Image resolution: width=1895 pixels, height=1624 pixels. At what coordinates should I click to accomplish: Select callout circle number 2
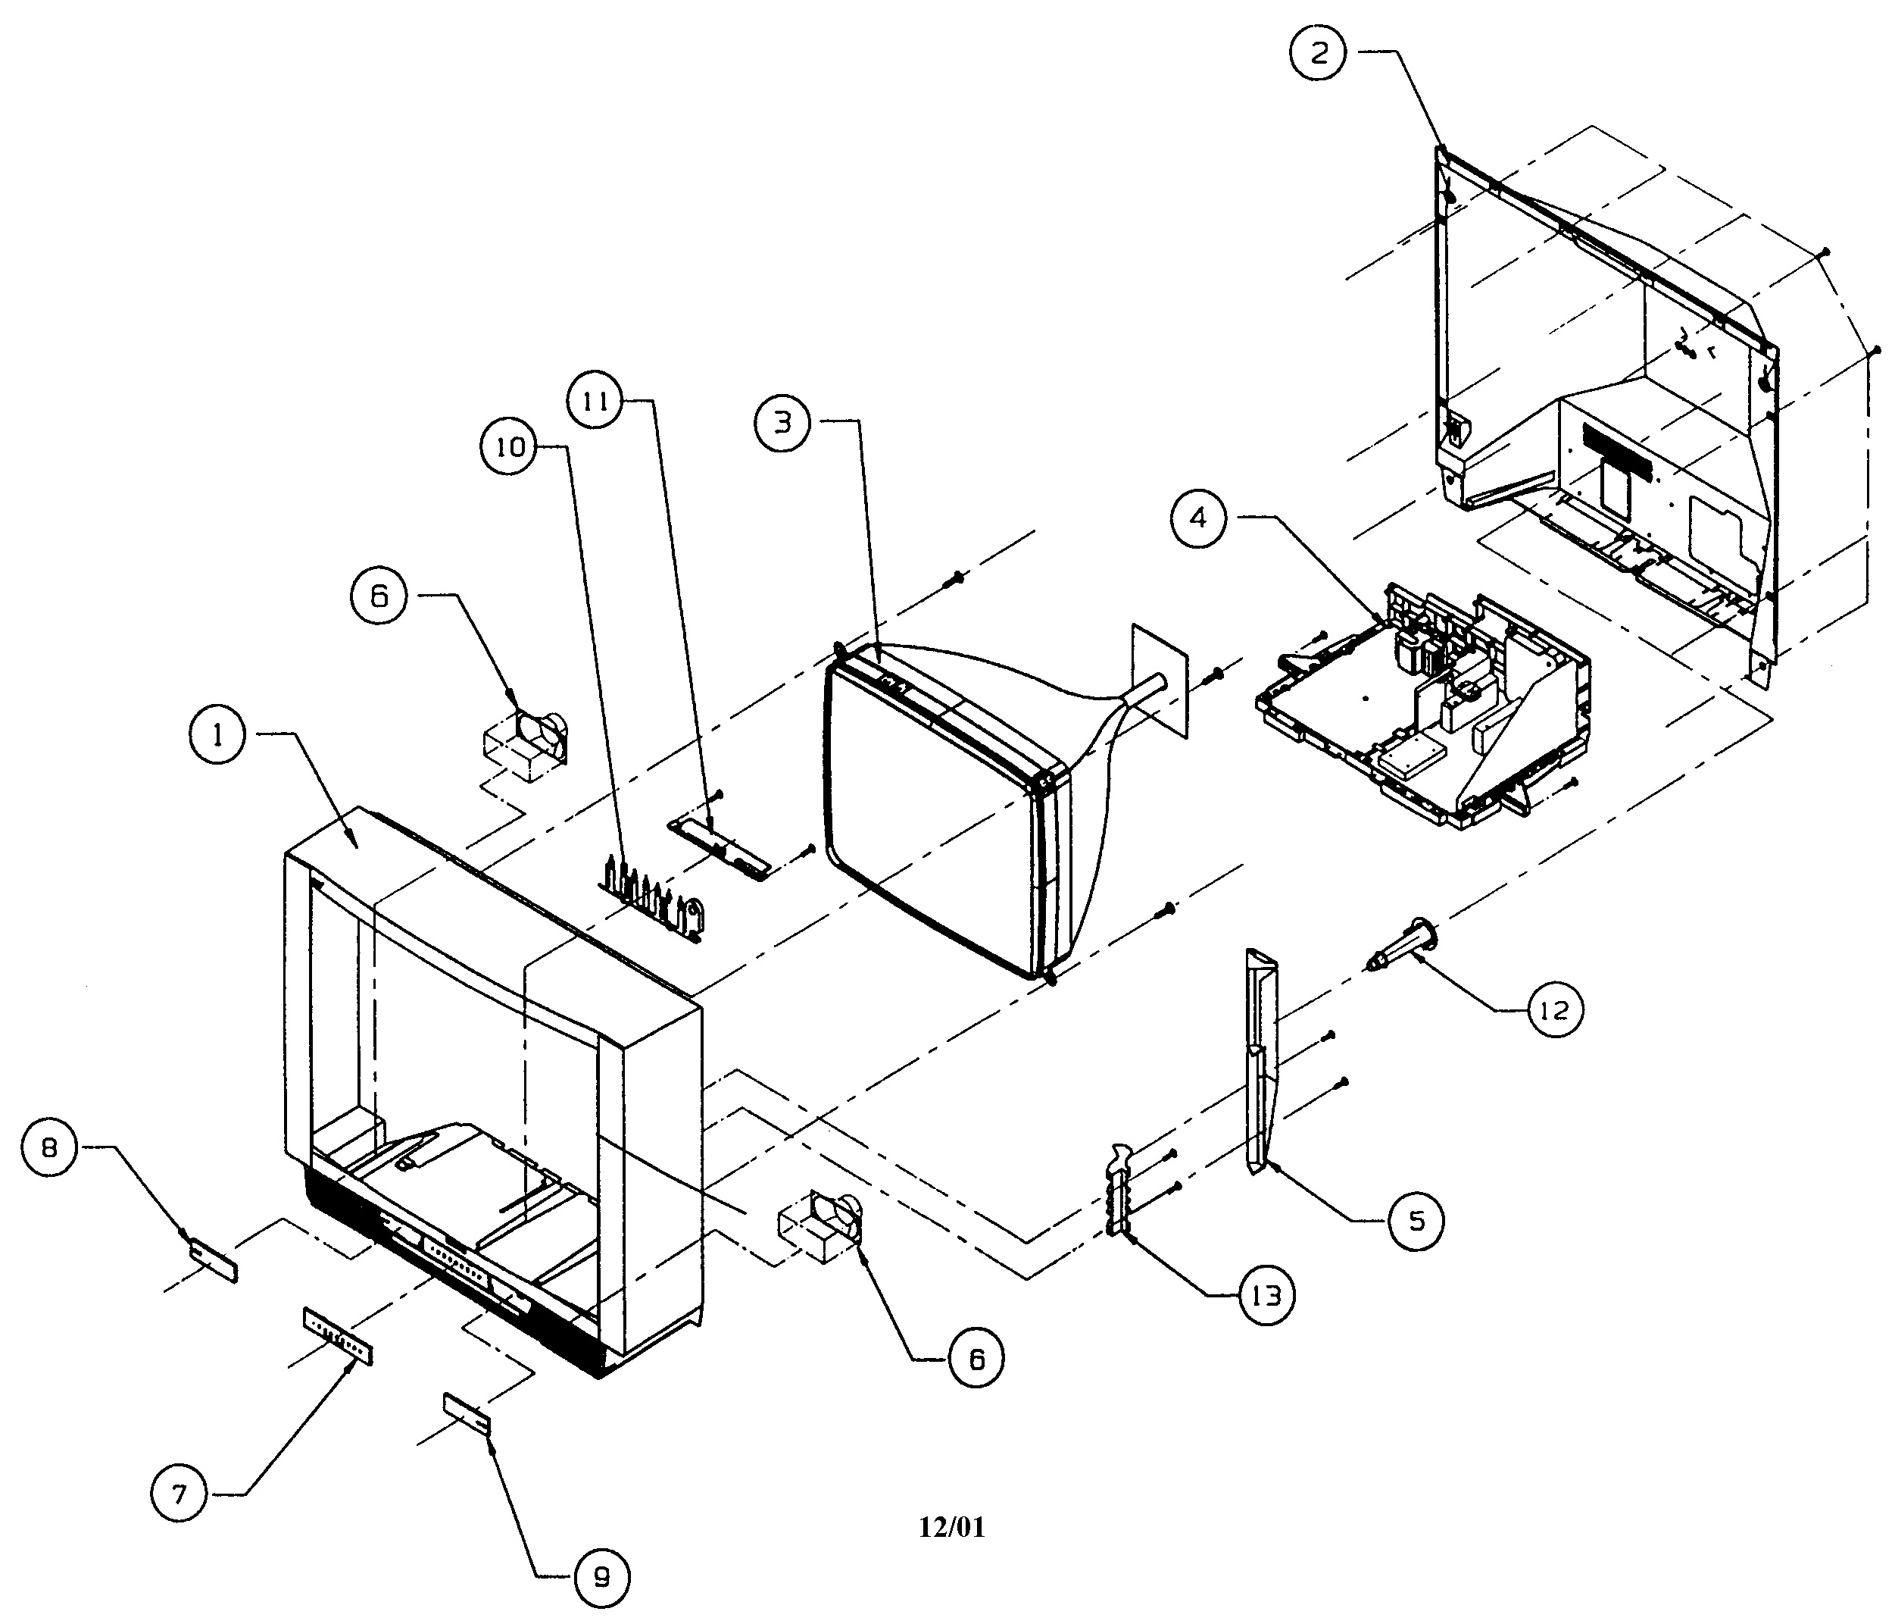tap(1318, 53)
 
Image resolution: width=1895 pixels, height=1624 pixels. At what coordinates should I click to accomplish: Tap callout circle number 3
tap(783, 423)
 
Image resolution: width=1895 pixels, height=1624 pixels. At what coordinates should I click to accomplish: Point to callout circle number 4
tap(1198, 519)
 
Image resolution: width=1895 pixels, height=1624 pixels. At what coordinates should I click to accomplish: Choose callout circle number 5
tap(1416, 1221)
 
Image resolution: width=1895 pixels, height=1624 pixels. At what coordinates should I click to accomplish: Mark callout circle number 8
tap(49, 1148)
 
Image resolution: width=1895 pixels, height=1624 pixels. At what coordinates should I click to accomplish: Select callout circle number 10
tap(510, 446)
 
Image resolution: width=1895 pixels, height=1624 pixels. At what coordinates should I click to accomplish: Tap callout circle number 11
tap(595, 401)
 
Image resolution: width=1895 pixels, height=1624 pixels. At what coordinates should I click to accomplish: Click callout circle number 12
tap(1554, 1010)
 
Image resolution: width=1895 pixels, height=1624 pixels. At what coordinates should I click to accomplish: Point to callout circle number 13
tap(1266, 1296)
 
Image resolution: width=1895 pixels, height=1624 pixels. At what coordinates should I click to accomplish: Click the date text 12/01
tap(952, 1527)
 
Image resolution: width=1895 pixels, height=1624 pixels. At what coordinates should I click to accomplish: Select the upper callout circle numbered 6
tap(379, 596)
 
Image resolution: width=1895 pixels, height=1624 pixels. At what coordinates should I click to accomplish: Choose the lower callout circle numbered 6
tap(976, 1360)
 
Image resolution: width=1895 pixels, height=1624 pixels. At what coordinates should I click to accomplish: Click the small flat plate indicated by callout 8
tap(213, 1261)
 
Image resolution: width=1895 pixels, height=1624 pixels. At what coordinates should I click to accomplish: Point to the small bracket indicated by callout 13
tap(1121, 1190)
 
